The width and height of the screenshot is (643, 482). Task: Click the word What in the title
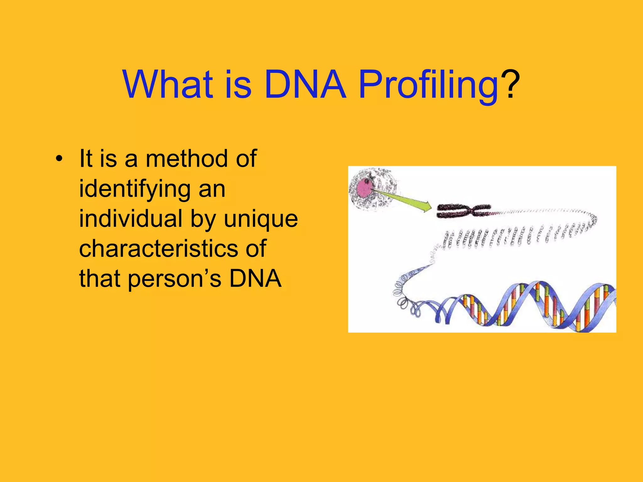click(168, 84)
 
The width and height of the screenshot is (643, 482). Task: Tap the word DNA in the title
click(305, 84)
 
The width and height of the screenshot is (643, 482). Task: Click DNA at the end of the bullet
click(255, 279)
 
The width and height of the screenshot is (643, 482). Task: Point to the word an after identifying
click(212, 190)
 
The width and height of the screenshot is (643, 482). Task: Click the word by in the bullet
click(203, 219)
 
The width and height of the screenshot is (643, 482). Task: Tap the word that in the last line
click(100, 279)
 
